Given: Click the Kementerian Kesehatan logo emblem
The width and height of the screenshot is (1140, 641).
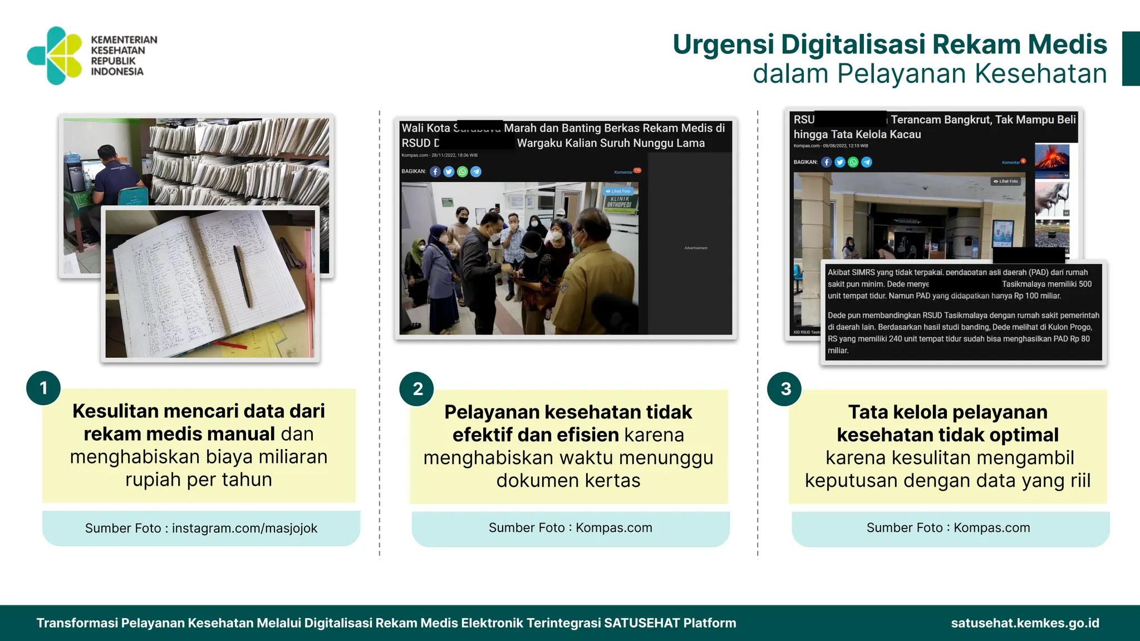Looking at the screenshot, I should click(55, 56).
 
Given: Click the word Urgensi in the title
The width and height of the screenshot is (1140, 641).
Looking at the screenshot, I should click(723, 45).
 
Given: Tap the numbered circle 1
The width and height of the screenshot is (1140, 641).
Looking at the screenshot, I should click(43, 388).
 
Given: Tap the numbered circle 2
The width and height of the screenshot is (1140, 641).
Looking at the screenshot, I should click(417, 389).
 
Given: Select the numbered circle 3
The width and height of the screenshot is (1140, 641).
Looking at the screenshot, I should click(785, 389).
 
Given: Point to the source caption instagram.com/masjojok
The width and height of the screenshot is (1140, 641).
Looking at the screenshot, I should click(244, 528).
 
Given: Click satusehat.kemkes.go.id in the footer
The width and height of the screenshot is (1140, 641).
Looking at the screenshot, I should click(1025, 623).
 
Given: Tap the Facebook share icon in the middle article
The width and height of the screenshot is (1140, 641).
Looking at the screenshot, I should click(435, 171).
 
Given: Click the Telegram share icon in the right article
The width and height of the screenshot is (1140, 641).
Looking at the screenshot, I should click(867, 162).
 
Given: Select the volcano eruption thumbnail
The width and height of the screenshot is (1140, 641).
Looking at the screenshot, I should click(1051, 160).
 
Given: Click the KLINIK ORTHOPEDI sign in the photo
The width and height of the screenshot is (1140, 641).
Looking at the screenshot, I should click(620, 202).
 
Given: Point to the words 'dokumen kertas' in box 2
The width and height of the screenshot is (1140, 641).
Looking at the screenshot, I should click(568, 480).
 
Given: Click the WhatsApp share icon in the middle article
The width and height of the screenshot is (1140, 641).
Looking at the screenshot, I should click(463, 171).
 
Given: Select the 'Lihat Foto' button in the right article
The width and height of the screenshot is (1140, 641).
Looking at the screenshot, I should click(1006, 181).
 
